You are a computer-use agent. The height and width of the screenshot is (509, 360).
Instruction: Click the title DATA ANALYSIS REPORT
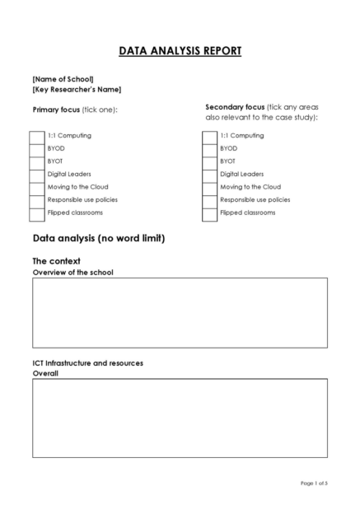[180, 51]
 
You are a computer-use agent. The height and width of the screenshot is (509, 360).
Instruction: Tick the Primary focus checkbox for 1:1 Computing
[37, 136]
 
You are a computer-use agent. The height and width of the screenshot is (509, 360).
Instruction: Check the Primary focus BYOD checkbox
[37, 149]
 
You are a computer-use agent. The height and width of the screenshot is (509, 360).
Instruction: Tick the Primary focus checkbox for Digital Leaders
[37, 175]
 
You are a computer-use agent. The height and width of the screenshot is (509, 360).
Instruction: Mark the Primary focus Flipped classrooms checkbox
[37, 213]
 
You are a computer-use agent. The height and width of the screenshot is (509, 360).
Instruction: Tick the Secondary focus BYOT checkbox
[209, 161]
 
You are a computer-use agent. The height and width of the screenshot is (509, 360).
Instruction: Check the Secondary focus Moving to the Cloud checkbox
[209, 187]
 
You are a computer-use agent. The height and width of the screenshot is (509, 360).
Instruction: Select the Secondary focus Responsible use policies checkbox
[209, 200]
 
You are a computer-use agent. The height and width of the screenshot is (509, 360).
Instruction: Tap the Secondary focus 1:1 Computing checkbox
[209, 136]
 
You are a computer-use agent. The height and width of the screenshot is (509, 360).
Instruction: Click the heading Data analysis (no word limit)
[99, 239]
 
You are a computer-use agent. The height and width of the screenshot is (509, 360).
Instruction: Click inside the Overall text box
[180, 418]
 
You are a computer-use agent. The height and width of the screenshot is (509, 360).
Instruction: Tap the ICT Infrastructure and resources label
[87, 362]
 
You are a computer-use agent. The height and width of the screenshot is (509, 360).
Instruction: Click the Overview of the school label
[72, 272]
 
